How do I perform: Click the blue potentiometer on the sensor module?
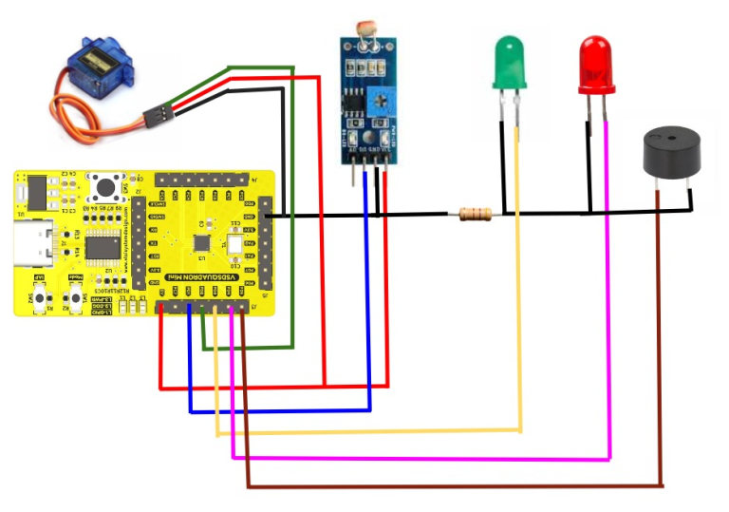(381, 98)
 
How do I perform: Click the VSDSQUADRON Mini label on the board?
(205, 276)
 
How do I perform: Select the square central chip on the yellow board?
(202, 243)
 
